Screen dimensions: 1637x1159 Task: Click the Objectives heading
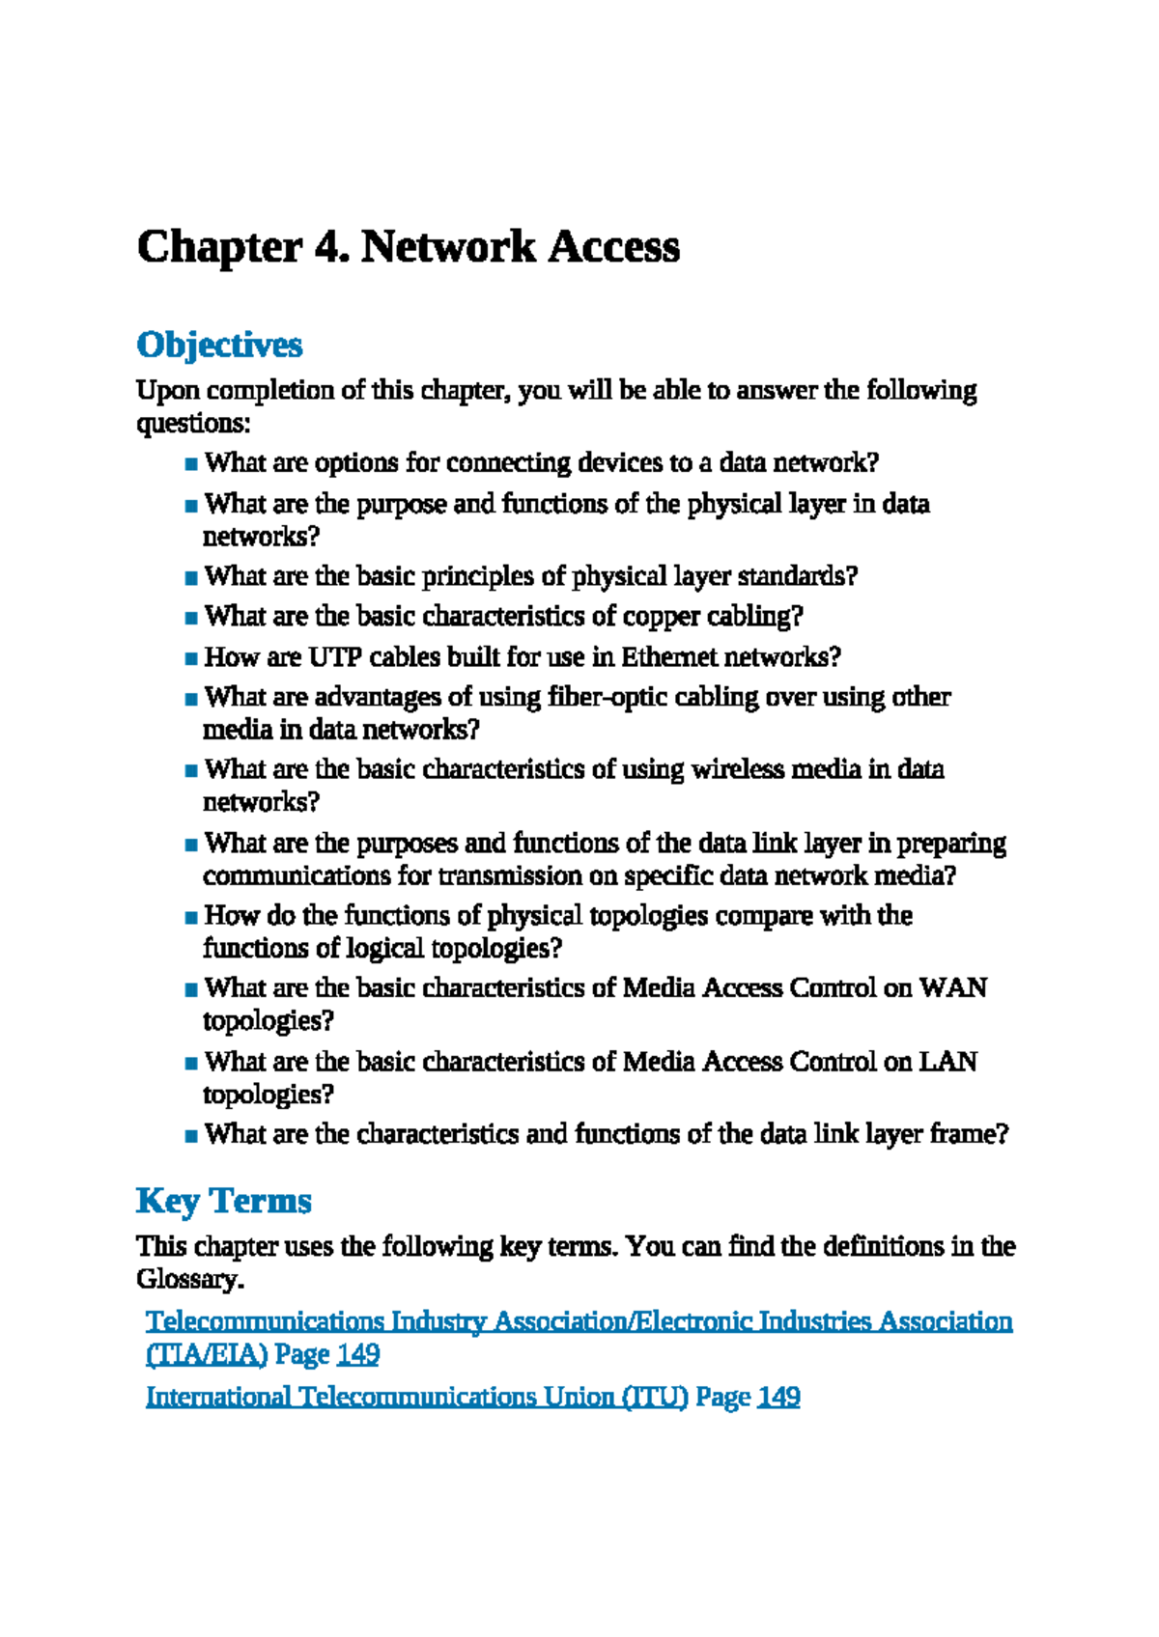[x=219, y=345]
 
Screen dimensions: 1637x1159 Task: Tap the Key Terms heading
[x=223, y=1201]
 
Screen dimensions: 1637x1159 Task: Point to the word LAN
[x=947, y=1062]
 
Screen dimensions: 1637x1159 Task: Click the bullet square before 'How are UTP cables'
[x=190, y=659]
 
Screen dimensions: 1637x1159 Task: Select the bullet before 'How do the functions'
[x=190, y=917]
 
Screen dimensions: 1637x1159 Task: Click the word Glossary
[x=188, y=1280]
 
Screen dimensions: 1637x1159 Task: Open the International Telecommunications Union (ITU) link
[x=416, y=1397]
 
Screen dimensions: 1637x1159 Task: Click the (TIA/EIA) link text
[x=206, y=1354]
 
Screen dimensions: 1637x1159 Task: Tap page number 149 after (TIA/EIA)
[x=357, y=1354]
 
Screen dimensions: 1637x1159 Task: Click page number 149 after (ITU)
[x=778, y=1397]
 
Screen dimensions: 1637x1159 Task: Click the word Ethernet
[x=668, y=657]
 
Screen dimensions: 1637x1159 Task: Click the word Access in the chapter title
[x=614, y=248]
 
